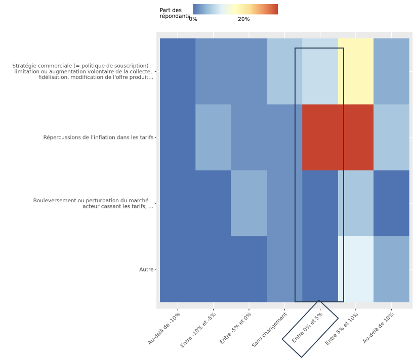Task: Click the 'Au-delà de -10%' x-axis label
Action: pyautogui.click(x=164, y=329)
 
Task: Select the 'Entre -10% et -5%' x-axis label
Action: pyautogui.click(x=198, y=330)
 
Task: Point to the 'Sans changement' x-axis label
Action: pyautogui.click(x=270, y=330)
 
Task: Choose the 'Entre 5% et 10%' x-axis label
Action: pyautogui.click(x=342, y=329)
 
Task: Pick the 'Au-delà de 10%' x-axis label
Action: pyautogui.click(x=378, y=328)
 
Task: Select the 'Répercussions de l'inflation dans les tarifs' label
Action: pyautogui.click(x=98, y=137)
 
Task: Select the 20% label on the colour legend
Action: pyautogui.click(x=243, y=19)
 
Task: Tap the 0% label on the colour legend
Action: pyautogui.click(x=193, y=19)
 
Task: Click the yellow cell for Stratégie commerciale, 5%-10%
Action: pyautogui.click(x=355, y=71)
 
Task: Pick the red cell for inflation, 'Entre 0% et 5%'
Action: pyautogui.click(x=320, y=137)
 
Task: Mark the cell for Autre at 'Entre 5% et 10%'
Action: pyautogui.click(x=355, y=269)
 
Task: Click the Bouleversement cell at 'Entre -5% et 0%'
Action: pyautogui.click(x=249, y=203)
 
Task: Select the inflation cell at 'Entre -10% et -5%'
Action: pyautogui.click(x=213, y=137)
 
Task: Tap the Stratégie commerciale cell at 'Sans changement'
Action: pyautogui.click(x=284, y=71)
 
